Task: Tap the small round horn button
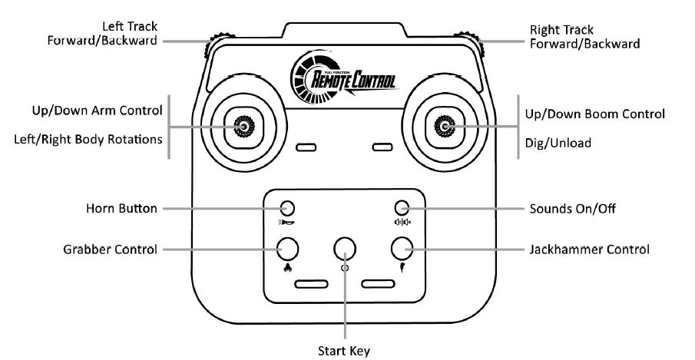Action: point(287,208)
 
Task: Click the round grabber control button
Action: point(288,248)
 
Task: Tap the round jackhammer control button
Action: point(402,248)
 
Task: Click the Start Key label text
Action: point(344,352)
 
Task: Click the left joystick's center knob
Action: point(244,126)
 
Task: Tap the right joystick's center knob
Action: point(444,126)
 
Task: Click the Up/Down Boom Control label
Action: point(594,114)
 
